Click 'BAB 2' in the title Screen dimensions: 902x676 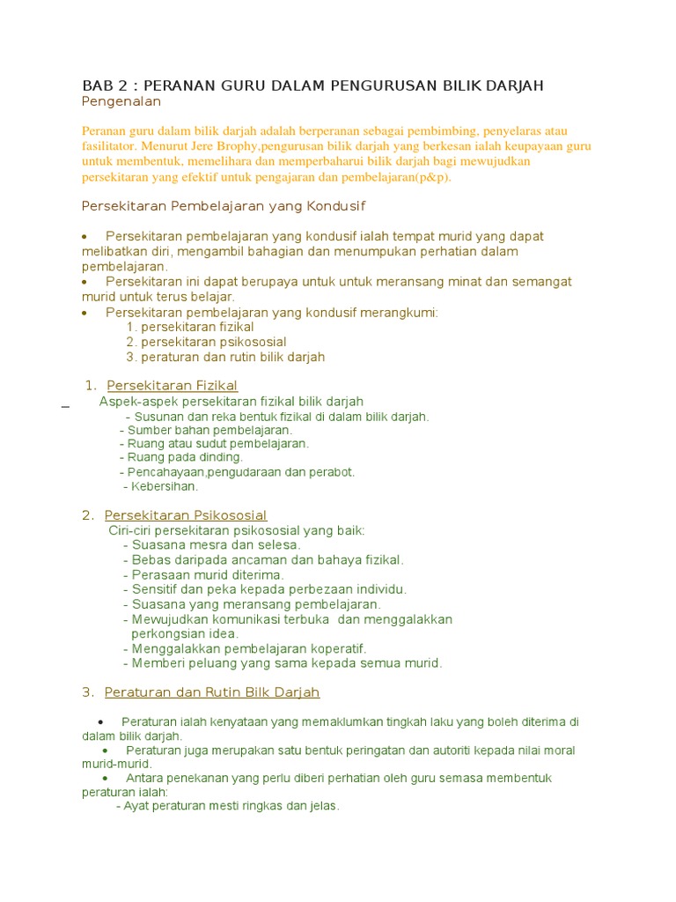pyautogui.click(x=104, y=85)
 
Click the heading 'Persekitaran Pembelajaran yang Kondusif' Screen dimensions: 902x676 pyautogui.click(x=223, y=206)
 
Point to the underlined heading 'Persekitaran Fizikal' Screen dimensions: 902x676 pyautogui.click(x=172, y=385)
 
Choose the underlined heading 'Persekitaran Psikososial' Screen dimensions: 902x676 pyautogui.click(x=186, y=515)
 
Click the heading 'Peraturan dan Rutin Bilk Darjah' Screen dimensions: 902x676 pyautogui.click(x=211, y=692)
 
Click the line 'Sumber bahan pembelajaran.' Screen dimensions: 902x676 pyautogui.click(x=207, y=430)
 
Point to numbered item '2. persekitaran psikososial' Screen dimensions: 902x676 pyautogui.click(x=206, y=342)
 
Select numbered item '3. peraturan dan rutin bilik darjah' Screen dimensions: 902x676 pyautogui.click(x=225, y=357)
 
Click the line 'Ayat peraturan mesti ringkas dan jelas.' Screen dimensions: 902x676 pyautogui.click(x=228, y=806)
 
